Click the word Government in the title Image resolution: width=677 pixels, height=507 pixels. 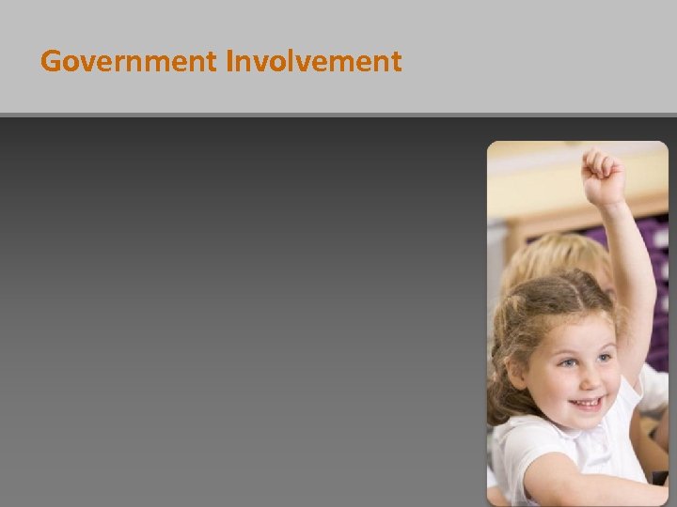click(x=130, y=62)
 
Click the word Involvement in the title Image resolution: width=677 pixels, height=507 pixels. click(x=313, y=62)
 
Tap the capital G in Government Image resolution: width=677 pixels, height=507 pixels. click(x=51, y=62)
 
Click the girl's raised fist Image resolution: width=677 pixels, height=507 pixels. click(x=603, y=176)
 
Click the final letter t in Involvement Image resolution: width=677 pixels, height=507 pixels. click(x=396, y=62)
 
